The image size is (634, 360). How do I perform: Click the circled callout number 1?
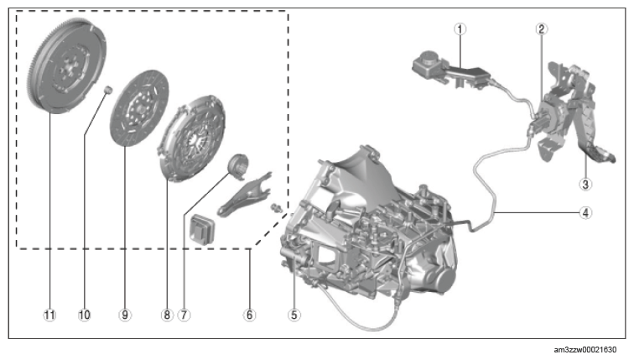tap(460, 29)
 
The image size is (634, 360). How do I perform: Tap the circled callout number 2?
tap(542, 29)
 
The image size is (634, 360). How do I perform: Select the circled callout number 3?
tap(585, 185)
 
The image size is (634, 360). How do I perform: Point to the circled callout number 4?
tap(585, 213)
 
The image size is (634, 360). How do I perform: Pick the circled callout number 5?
tap(294, 315)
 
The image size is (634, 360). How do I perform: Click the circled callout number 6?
tap(249, 315)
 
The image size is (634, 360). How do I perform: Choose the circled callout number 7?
tap(184, 315)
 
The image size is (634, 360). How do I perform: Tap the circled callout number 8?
tap(167, 315)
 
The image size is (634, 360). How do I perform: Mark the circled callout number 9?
tap(125, 315)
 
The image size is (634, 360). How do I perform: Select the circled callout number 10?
tap(85, 315)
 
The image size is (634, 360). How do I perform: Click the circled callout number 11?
tap(49, 315)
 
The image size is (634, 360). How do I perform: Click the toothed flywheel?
tap(68, 65)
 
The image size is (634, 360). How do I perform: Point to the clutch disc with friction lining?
tap(139, 108)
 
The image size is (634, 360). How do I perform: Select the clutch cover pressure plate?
tap(191, 138)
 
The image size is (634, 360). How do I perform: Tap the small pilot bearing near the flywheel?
tap(107, 90)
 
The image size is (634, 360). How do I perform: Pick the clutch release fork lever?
tap(245, 193)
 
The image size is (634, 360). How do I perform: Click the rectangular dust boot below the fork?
tap(202, 229)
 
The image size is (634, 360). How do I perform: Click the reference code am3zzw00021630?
tap(585, 350)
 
